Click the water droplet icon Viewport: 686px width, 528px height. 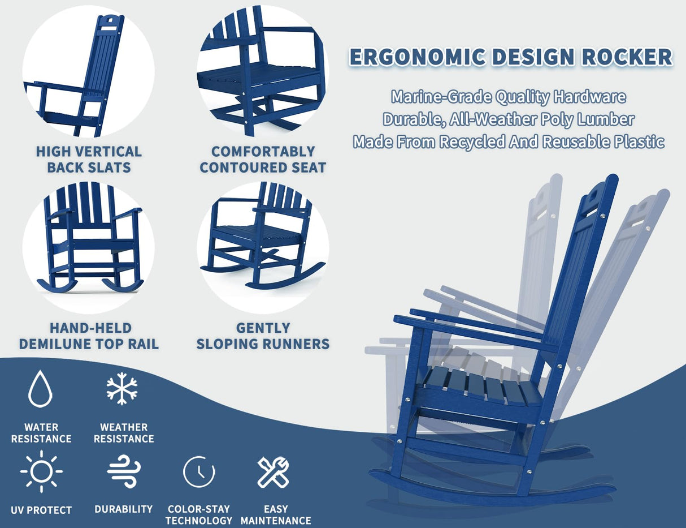point(40,389)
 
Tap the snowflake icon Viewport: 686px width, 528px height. point(122,389)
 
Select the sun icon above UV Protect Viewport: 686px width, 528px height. point(41,471)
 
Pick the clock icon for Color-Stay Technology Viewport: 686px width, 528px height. point(199,471)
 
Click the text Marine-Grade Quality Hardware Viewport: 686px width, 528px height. point(509,97)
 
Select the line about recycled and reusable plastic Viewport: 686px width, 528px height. point(509,141)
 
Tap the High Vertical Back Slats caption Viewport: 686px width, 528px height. point(89,159)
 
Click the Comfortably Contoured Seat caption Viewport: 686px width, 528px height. point(263,159)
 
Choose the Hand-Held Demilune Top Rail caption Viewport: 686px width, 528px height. point(89,336)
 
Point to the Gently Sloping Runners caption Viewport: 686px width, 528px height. point(263,336)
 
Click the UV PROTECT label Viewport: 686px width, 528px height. point(41,510)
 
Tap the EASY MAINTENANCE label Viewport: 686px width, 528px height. point(276,514)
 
